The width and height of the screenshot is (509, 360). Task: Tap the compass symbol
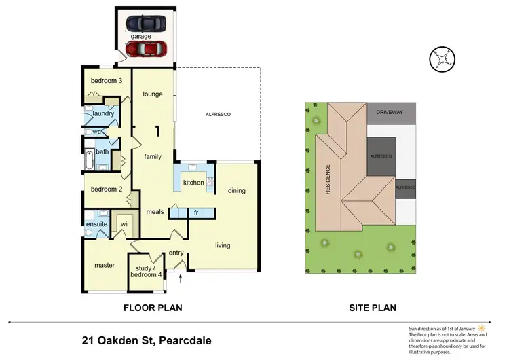pos(442,58)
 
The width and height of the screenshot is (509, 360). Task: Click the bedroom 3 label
pos(107,81)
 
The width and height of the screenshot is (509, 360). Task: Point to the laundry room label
pos(102,113)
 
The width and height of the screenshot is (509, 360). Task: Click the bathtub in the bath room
pos(88,162)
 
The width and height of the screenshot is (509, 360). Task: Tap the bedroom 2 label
pos(107,189)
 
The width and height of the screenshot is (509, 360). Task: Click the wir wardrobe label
pos(125,223)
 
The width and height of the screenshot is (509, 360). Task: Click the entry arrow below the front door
pos(181,277)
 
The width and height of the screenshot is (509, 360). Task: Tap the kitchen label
pos(193,183)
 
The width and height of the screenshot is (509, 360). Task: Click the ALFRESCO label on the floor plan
pos(219,115)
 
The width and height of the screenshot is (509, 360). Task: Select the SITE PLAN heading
pos(373,308)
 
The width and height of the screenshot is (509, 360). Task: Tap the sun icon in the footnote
pos(483,328)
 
